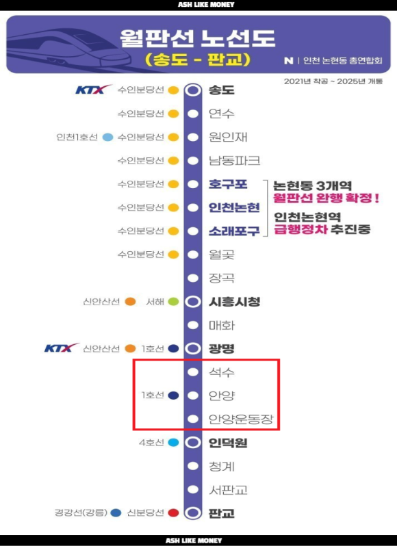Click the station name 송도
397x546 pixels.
(x=222, y=90)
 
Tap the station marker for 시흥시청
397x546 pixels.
(x=193, y=302)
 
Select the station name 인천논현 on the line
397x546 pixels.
(x=234, y=207)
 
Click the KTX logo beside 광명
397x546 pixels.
(x=62, y=348)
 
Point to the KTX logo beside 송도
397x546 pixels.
(x=93, y=90)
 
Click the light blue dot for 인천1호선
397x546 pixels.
(x=108, y=138)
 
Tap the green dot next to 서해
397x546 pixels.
(x=173, y=302)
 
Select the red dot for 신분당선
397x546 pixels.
(x=173, y=512)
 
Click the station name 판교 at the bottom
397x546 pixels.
(x=222, y=513)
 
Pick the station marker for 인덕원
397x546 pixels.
(x=193, y=443)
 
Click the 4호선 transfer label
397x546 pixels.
(x=151, y=443)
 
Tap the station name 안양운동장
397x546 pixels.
(x=241, y=419)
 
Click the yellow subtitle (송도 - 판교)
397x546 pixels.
(x=197, y=60)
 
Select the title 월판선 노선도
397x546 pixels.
(x=197, y=38)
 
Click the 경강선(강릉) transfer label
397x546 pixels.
(x=81, y=512)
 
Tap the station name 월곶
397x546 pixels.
(x=222, y=255)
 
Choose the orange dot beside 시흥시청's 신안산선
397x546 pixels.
(x=130, y=302)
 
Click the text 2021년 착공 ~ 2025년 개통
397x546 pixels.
(x=333, y=81)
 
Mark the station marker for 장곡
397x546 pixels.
(x=193, y=278)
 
